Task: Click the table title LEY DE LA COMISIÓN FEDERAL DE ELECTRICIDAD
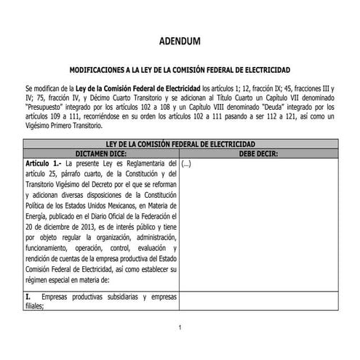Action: [179, 145]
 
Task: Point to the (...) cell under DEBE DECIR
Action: [185, 165]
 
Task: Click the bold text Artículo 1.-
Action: [42, 165]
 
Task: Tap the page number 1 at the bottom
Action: [180, 328]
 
